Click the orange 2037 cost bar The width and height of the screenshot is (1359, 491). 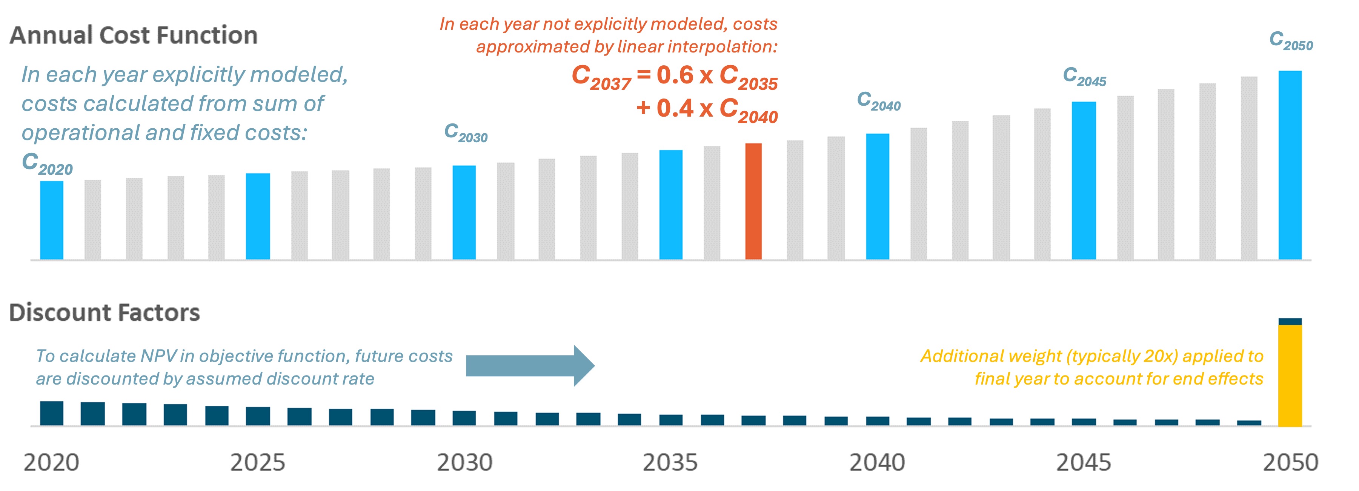[753, 201]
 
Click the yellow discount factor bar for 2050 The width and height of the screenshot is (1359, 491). [1290, 376]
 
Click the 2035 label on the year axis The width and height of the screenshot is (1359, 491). [670, 462]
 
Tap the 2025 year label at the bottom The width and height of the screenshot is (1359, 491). [257, 462]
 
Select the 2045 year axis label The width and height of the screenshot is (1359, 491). [1084, 462]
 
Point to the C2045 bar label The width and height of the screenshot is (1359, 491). [1084, 77]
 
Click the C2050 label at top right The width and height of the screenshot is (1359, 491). [1290, 41]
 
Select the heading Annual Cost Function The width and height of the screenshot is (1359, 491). [134, 35]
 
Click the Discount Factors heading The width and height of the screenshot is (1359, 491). [105, 312]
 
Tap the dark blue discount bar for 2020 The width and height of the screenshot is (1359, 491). [52, 413]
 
